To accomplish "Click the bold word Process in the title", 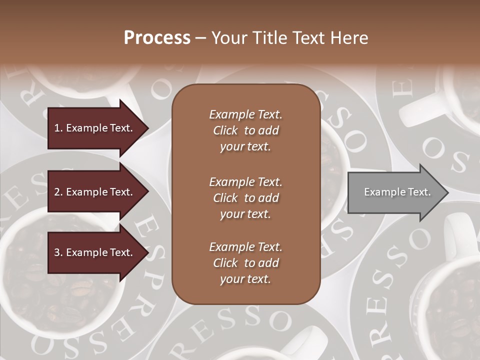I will coord(157,38).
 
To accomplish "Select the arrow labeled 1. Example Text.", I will coord(95,128).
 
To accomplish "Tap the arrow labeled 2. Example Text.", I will coord(95,192).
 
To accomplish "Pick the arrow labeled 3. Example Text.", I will coord(95,252).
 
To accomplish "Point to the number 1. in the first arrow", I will coord(58,128).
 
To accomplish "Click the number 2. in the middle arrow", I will coord(58,192).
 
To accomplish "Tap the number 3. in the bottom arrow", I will coord(58,252).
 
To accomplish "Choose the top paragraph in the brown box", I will coord(245,130).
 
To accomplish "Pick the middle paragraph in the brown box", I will coord(245,198).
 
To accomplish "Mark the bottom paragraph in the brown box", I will coord(245,263).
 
